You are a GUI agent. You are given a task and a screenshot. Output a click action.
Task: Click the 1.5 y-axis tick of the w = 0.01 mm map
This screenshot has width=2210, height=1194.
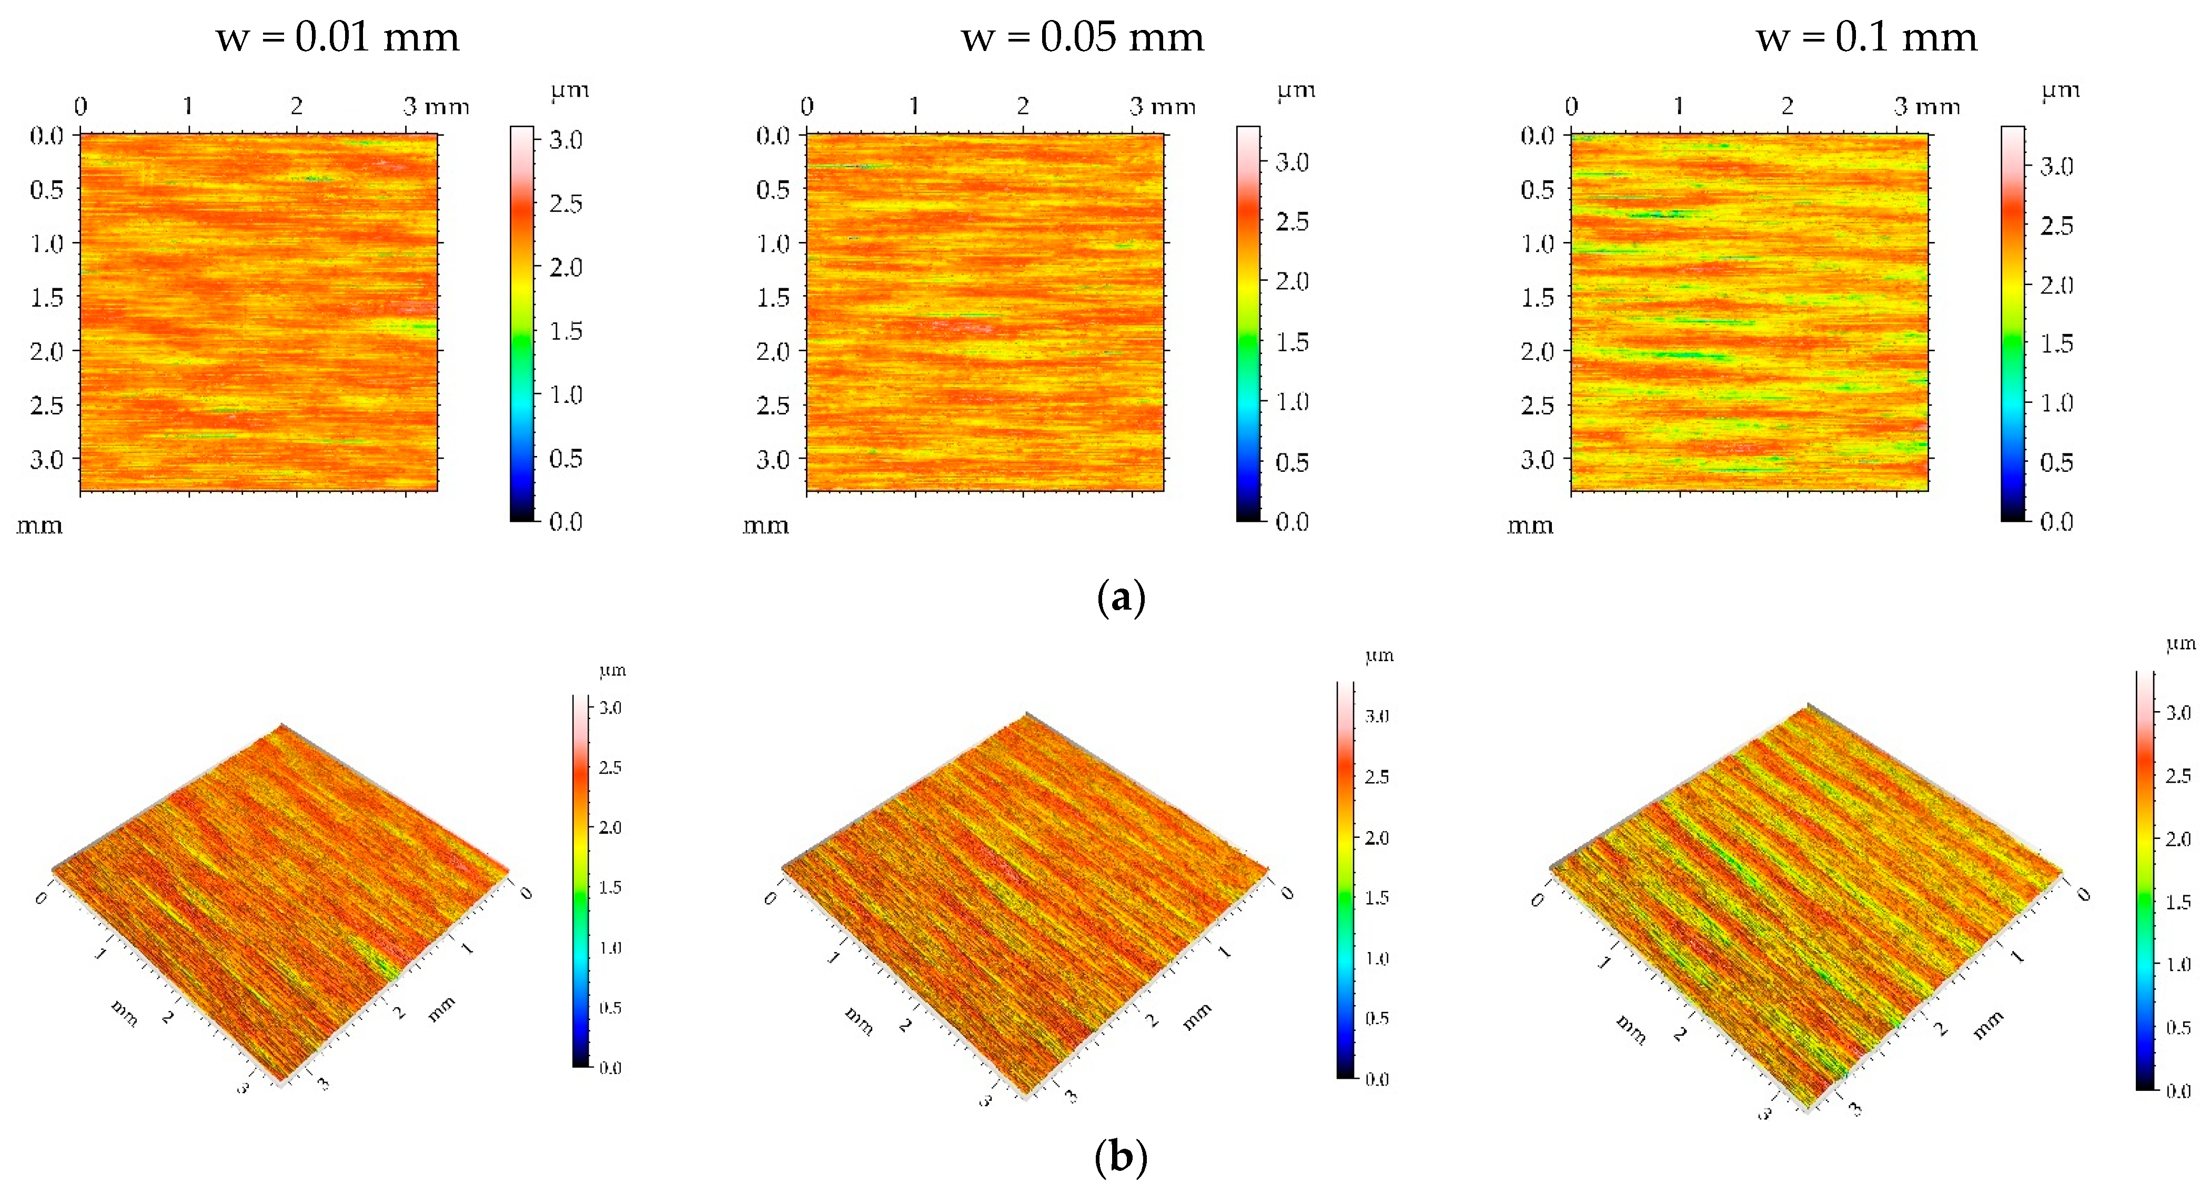point(47,298)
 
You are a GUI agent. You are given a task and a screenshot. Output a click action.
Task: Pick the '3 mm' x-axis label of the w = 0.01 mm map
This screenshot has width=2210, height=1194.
point(436,106)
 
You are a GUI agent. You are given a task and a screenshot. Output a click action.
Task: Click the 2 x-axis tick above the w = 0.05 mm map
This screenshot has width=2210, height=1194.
point(1023,106)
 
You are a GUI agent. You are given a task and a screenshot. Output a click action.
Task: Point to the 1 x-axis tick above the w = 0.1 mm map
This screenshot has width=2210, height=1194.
point(1679,106)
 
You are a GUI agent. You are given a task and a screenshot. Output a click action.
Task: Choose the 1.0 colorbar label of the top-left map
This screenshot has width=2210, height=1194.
point(566,394)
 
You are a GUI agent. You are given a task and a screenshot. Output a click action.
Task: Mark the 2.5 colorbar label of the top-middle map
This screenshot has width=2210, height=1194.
point(1292,221)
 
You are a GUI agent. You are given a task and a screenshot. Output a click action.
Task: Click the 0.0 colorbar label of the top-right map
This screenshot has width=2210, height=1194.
point(2056,521)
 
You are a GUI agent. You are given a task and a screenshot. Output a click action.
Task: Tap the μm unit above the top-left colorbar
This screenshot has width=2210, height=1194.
point(570,90)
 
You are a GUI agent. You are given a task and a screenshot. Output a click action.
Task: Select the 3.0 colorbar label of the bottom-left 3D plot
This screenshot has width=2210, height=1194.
point(610,707)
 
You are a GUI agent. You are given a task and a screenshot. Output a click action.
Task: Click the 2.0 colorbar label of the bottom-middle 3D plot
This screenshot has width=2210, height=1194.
point(1377,838)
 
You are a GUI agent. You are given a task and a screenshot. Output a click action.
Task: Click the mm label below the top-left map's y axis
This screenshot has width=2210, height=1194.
point(39,525)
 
